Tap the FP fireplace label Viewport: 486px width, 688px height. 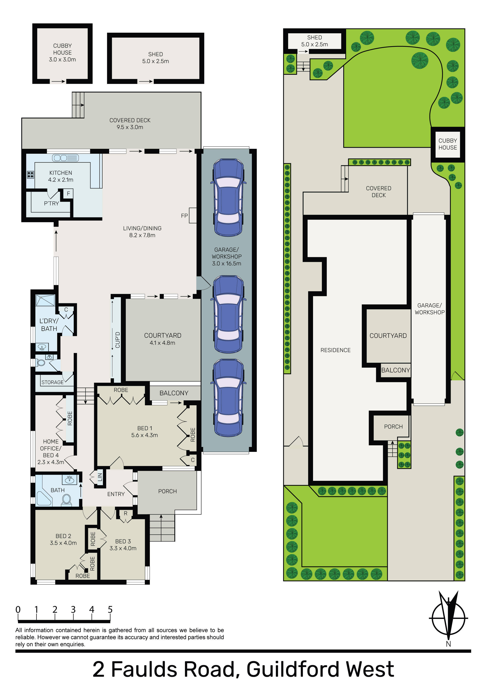coord(184,216)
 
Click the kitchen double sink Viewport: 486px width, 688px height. coord(65,158)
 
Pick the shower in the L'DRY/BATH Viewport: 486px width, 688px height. coord(46,300)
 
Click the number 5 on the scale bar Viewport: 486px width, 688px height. coord(110,610)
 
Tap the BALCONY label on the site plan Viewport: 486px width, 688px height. coord(396,370)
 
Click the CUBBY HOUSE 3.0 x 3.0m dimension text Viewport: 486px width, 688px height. coord(62,59)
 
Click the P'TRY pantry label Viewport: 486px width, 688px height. coord(51,203)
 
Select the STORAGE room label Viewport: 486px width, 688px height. coord(52,382)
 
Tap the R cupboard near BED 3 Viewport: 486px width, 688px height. coord(126,513)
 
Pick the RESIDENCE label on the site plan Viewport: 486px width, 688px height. coord(335,350)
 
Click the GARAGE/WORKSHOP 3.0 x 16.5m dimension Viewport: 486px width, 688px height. coord(226,263)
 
